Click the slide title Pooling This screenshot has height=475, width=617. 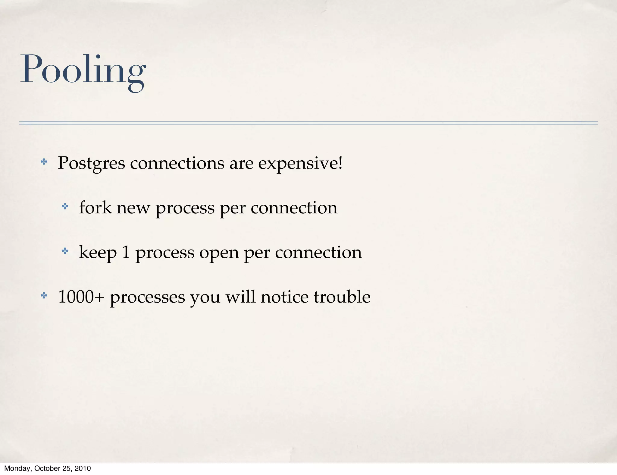(83, 70)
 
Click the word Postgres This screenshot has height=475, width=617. (91, 163)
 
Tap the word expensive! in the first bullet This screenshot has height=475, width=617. (300, 163)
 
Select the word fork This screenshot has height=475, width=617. (95, 208)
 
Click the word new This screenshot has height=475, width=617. (133, 208)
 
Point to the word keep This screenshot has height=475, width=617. (98, 252)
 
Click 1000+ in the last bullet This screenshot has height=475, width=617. (81, 297)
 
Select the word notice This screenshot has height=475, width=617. (284, 297)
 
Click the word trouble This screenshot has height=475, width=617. (342, 297)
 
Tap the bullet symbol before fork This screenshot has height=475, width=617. (65, 206)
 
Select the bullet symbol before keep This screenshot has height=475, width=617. (65, 251)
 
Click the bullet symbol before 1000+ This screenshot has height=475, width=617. (44, 296)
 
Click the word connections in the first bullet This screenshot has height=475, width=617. (177, 163)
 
